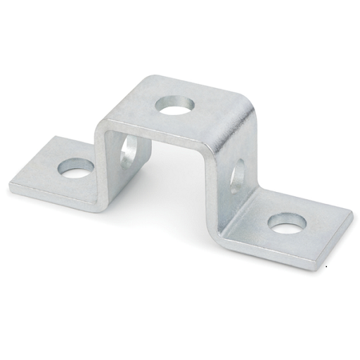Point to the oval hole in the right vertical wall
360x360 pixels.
237,175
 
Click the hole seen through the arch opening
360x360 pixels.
128,152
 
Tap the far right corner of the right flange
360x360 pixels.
351,212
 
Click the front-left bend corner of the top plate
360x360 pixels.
101,127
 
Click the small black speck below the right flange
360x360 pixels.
326,268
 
